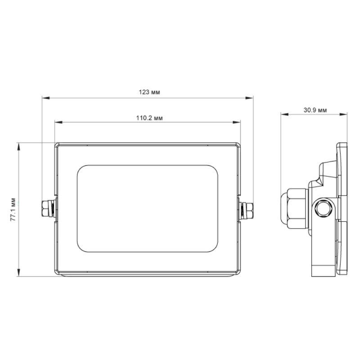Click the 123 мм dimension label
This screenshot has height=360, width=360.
tap(149, 92)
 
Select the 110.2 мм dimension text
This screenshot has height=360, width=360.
tap(149, 118)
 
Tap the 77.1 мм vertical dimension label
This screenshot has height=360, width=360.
tap(13, 209)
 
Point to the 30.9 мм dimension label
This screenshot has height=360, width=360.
tap(315, 110)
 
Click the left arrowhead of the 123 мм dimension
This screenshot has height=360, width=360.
tap(46, 98)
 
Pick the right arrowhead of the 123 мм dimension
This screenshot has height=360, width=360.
tap(249, 98)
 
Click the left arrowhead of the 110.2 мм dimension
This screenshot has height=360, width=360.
tap(58, 122)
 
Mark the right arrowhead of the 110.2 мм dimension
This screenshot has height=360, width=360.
tap(237, 122)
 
